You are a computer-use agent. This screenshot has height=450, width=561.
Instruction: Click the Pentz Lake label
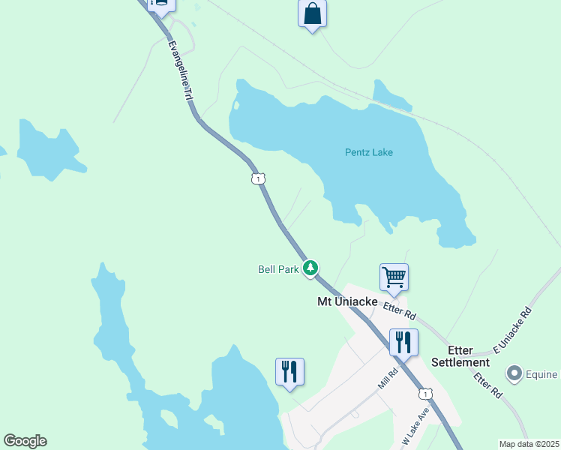368,152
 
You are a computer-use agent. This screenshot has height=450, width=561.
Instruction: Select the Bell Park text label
278,268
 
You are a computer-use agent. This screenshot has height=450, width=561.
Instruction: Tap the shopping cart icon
394,277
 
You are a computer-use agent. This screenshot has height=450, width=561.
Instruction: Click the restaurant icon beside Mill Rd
403,343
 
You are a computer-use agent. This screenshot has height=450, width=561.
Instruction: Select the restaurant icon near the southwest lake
289,371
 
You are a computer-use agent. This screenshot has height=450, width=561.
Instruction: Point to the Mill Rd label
387,378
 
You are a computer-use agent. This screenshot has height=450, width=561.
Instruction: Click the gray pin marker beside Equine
514,373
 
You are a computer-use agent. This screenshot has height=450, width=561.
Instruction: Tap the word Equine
542,374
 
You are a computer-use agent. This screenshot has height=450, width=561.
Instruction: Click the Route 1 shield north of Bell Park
258,178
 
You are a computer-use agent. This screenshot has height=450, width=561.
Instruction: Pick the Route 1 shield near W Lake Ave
426,394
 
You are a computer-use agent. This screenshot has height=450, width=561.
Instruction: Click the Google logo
25,441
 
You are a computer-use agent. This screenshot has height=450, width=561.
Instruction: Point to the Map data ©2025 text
528,443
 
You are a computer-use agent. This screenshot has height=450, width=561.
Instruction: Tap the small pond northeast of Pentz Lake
391,94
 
